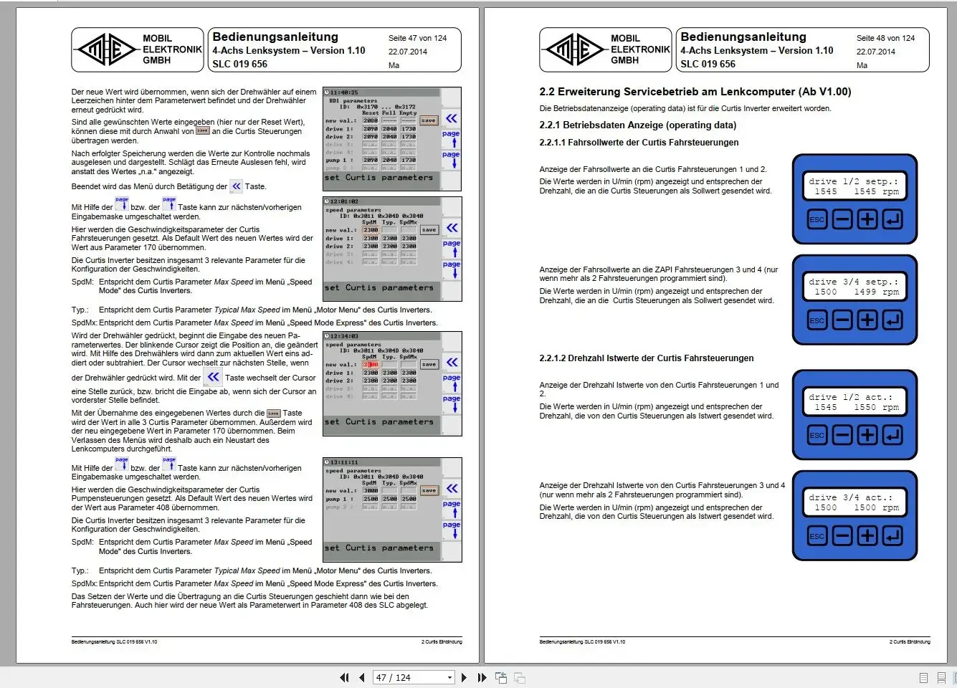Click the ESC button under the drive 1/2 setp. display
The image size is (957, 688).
click(817, 219)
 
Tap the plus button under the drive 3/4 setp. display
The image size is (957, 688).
click(867, 320)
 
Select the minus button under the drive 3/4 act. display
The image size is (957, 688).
click(842, 535)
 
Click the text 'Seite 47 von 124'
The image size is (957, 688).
click(417, 38)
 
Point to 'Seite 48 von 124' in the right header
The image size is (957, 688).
click(885, 38)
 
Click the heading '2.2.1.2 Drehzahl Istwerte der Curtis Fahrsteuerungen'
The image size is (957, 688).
click(646, 358)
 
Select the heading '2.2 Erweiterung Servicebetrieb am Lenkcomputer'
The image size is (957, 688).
click(695, 92)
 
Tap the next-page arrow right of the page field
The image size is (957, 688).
click(464, 677)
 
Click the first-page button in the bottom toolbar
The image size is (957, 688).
click(344, 677)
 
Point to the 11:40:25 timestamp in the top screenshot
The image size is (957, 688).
click(344, 92)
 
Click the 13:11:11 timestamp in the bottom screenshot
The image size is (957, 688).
click(344, 462)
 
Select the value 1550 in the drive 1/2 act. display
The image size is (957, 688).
click(865, 407)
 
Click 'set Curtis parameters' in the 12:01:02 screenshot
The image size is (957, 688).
click(378, 287)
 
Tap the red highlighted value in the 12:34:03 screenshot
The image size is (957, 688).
click(370, 365)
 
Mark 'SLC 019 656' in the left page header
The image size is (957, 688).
click(239, 64)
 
